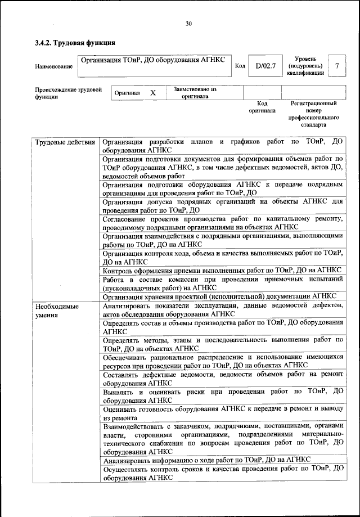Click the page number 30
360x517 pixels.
point(188,23)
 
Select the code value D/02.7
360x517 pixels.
point(265,66)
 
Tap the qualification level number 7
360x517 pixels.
point(336,66)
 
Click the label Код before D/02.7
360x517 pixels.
point(240,66)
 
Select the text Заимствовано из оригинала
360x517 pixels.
point(195,92)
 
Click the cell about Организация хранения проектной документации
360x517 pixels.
point(220,296)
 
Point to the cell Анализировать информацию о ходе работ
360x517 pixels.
point(206,460)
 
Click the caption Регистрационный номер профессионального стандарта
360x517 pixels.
point(314,114)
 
